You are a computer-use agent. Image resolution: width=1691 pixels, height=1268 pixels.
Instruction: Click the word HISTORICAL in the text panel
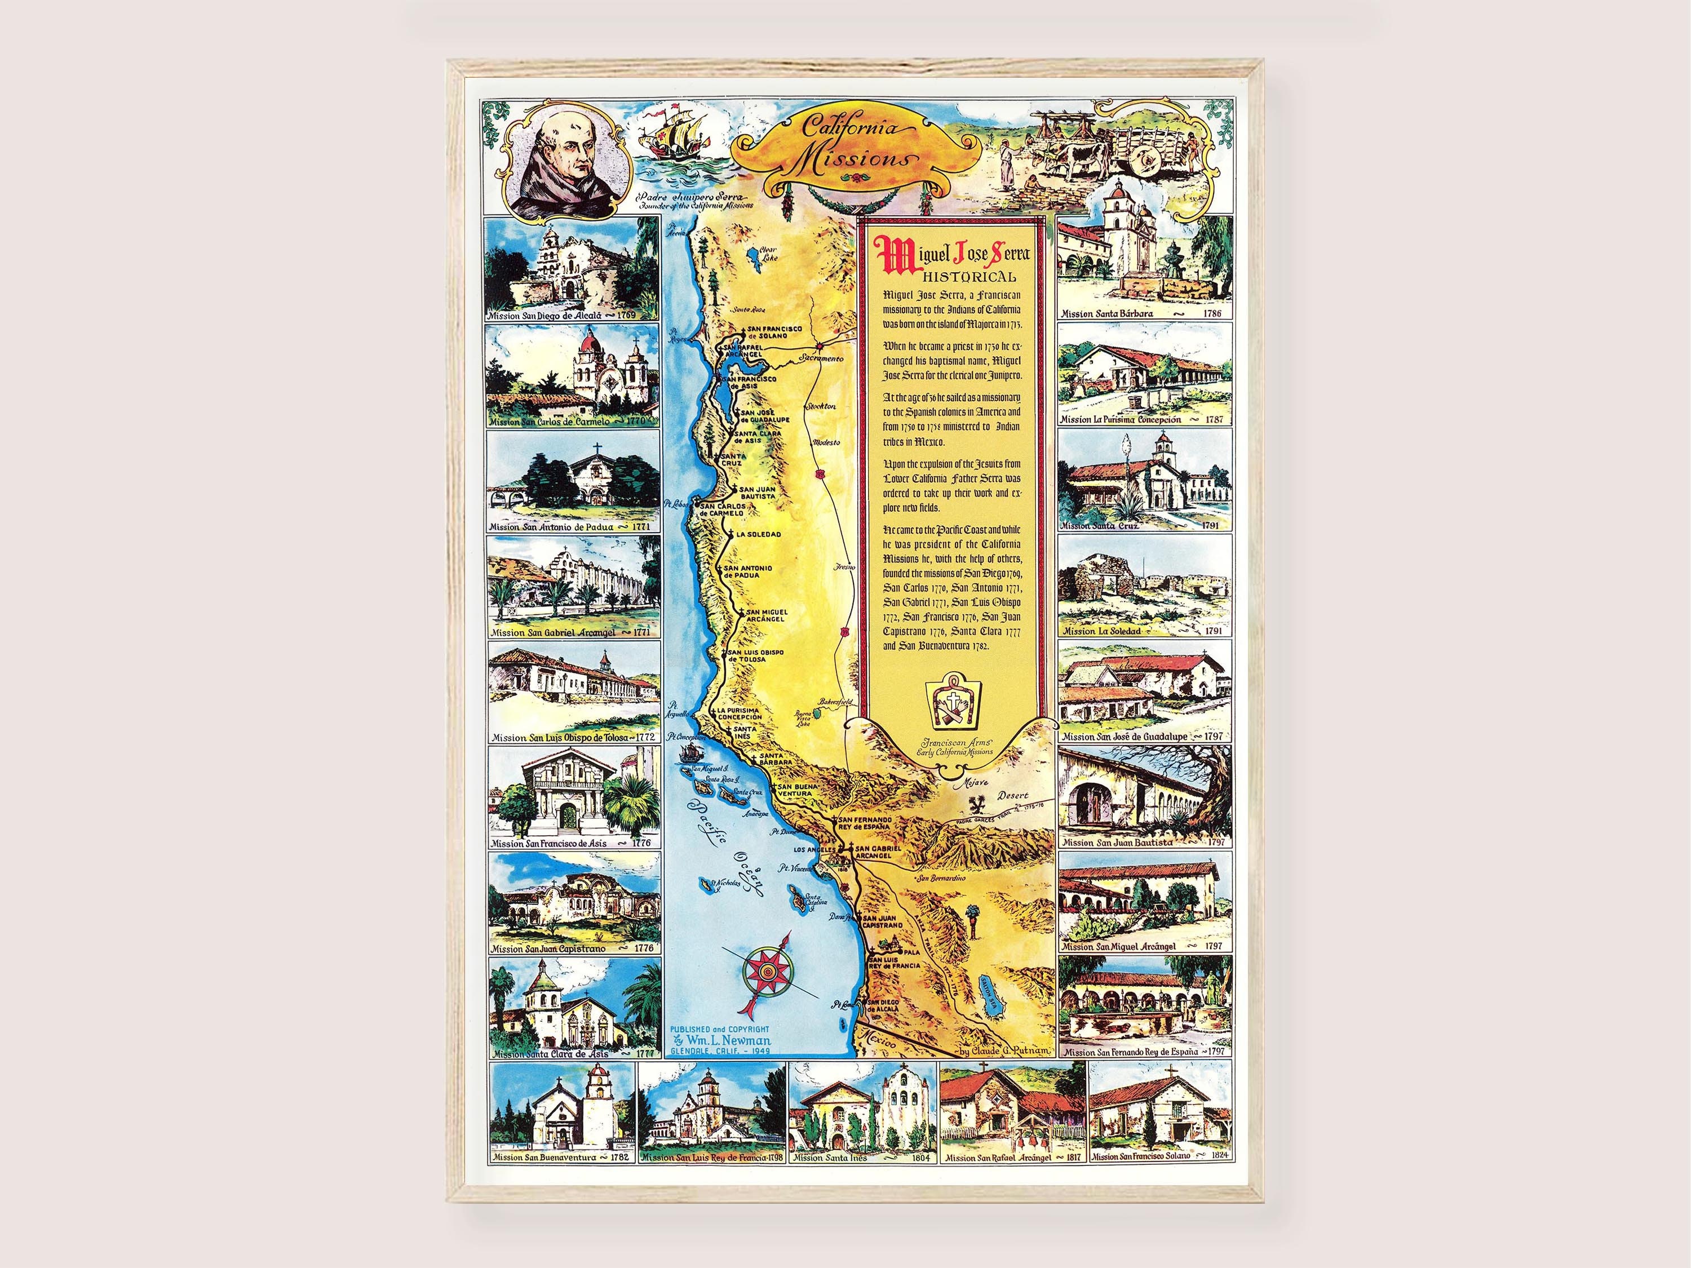[x=970, y=277]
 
